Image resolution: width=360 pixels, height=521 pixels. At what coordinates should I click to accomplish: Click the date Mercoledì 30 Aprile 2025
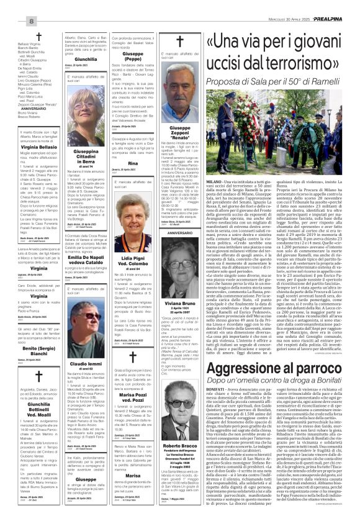click(x=292, y=6)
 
